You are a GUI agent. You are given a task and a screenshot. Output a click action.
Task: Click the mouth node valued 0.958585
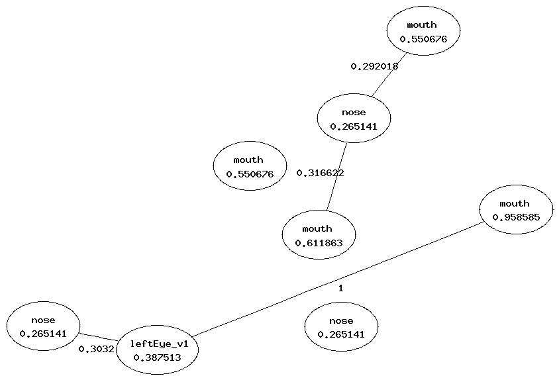click(x=515, y=210)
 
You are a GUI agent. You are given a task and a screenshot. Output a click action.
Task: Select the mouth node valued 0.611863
click(x=318, y=235)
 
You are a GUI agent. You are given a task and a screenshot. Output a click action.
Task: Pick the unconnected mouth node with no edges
click(x=249, y=166)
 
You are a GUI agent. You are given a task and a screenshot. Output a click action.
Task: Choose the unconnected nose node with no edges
click(x=341, y=327)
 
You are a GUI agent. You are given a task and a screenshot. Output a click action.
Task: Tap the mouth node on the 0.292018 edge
click(x=423, y=31)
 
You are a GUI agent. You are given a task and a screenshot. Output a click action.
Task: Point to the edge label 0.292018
click(x=374, y=66)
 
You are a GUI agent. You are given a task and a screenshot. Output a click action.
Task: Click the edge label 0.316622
click(x=320, y=173)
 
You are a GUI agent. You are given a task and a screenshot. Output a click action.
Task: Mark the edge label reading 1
click(x=340, y=288)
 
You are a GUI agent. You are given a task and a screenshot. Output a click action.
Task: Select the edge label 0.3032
click(x=96, y=349)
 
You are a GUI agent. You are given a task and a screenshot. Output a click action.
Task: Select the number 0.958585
click(x=515, y=217)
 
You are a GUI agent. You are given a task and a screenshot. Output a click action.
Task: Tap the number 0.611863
click(x=318, y=243)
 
